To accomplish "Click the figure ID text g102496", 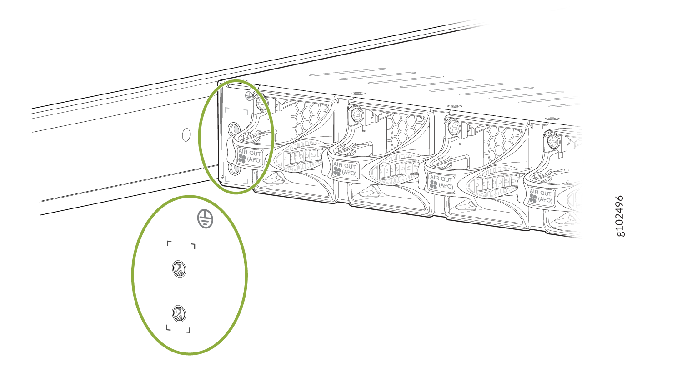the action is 620,216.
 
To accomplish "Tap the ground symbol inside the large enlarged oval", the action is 205,219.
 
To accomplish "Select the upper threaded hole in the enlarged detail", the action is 179,269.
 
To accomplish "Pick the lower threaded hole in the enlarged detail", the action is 179,313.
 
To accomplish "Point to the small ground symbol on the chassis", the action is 249,96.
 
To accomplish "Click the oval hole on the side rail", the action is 186,135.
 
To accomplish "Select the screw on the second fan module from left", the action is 357,115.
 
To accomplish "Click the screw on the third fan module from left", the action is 454,127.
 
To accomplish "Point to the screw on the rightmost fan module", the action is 553,140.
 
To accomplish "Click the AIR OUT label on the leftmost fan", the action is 250,156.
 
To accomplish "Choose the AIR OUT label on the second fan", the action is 345,169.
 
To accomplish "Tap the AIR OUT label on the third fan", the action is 441,182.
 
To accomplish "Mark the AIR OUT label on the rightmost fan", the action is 541,196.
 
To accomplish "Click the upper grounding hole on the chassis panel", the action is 234,129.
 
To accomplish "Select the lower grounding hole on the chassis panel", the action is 234,169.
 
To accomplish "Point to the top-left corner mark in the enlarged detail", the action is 169,243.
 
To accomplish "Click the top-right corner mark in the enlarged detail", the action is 193,246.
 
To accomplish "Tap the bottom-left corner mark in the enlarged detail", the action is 168,327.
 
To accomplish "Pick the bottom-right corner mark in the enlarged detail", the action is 188,331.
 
